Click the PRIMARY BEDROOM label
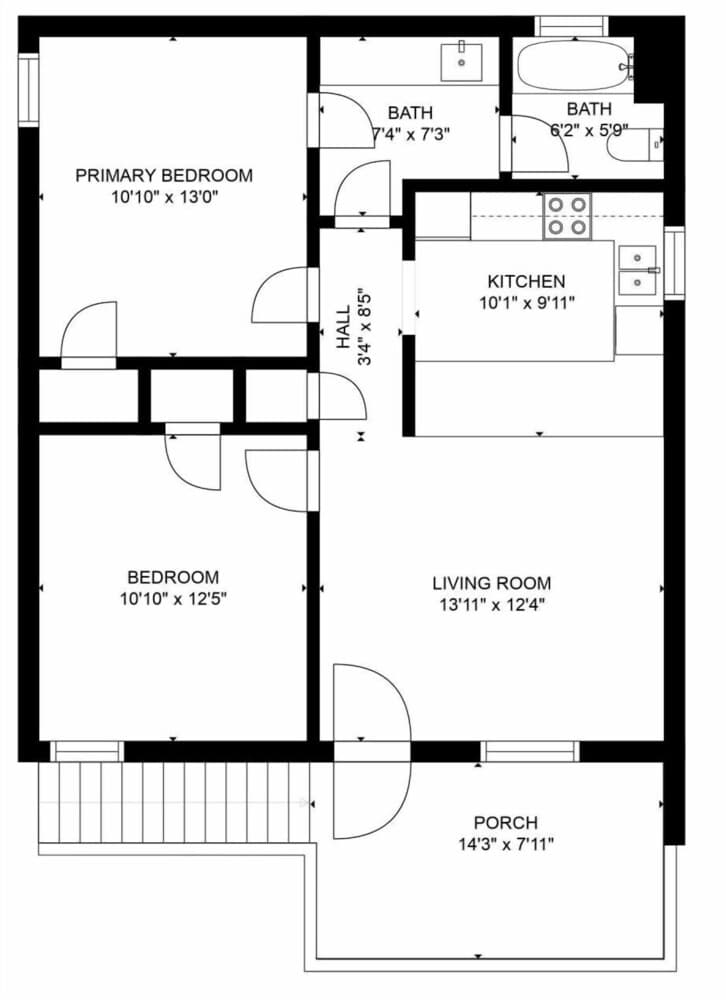click(164, 176)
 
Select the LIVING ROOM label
click(491, 583)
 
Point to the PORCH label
click(505, 823)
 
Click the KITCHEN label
click(526, 282)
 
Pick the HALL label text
click(344, 327)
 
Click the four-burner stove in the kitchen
click(567, 216)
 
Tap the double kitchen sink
click(637, 271)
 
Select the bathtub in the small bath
click(572, 65)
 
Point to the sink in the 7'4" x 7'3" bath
click(461, 60)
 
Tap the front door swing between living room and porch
click(370, 750)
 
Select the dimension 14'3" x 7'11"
click(505, 844)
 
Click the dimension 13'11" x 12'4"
click(491, 604)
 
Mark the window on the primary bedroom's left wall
click(27, 91)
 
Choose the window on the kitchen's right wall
click(675, 263)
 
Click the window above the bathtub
click(571, 26)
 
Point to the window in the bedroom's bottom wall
click(87, 752)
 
